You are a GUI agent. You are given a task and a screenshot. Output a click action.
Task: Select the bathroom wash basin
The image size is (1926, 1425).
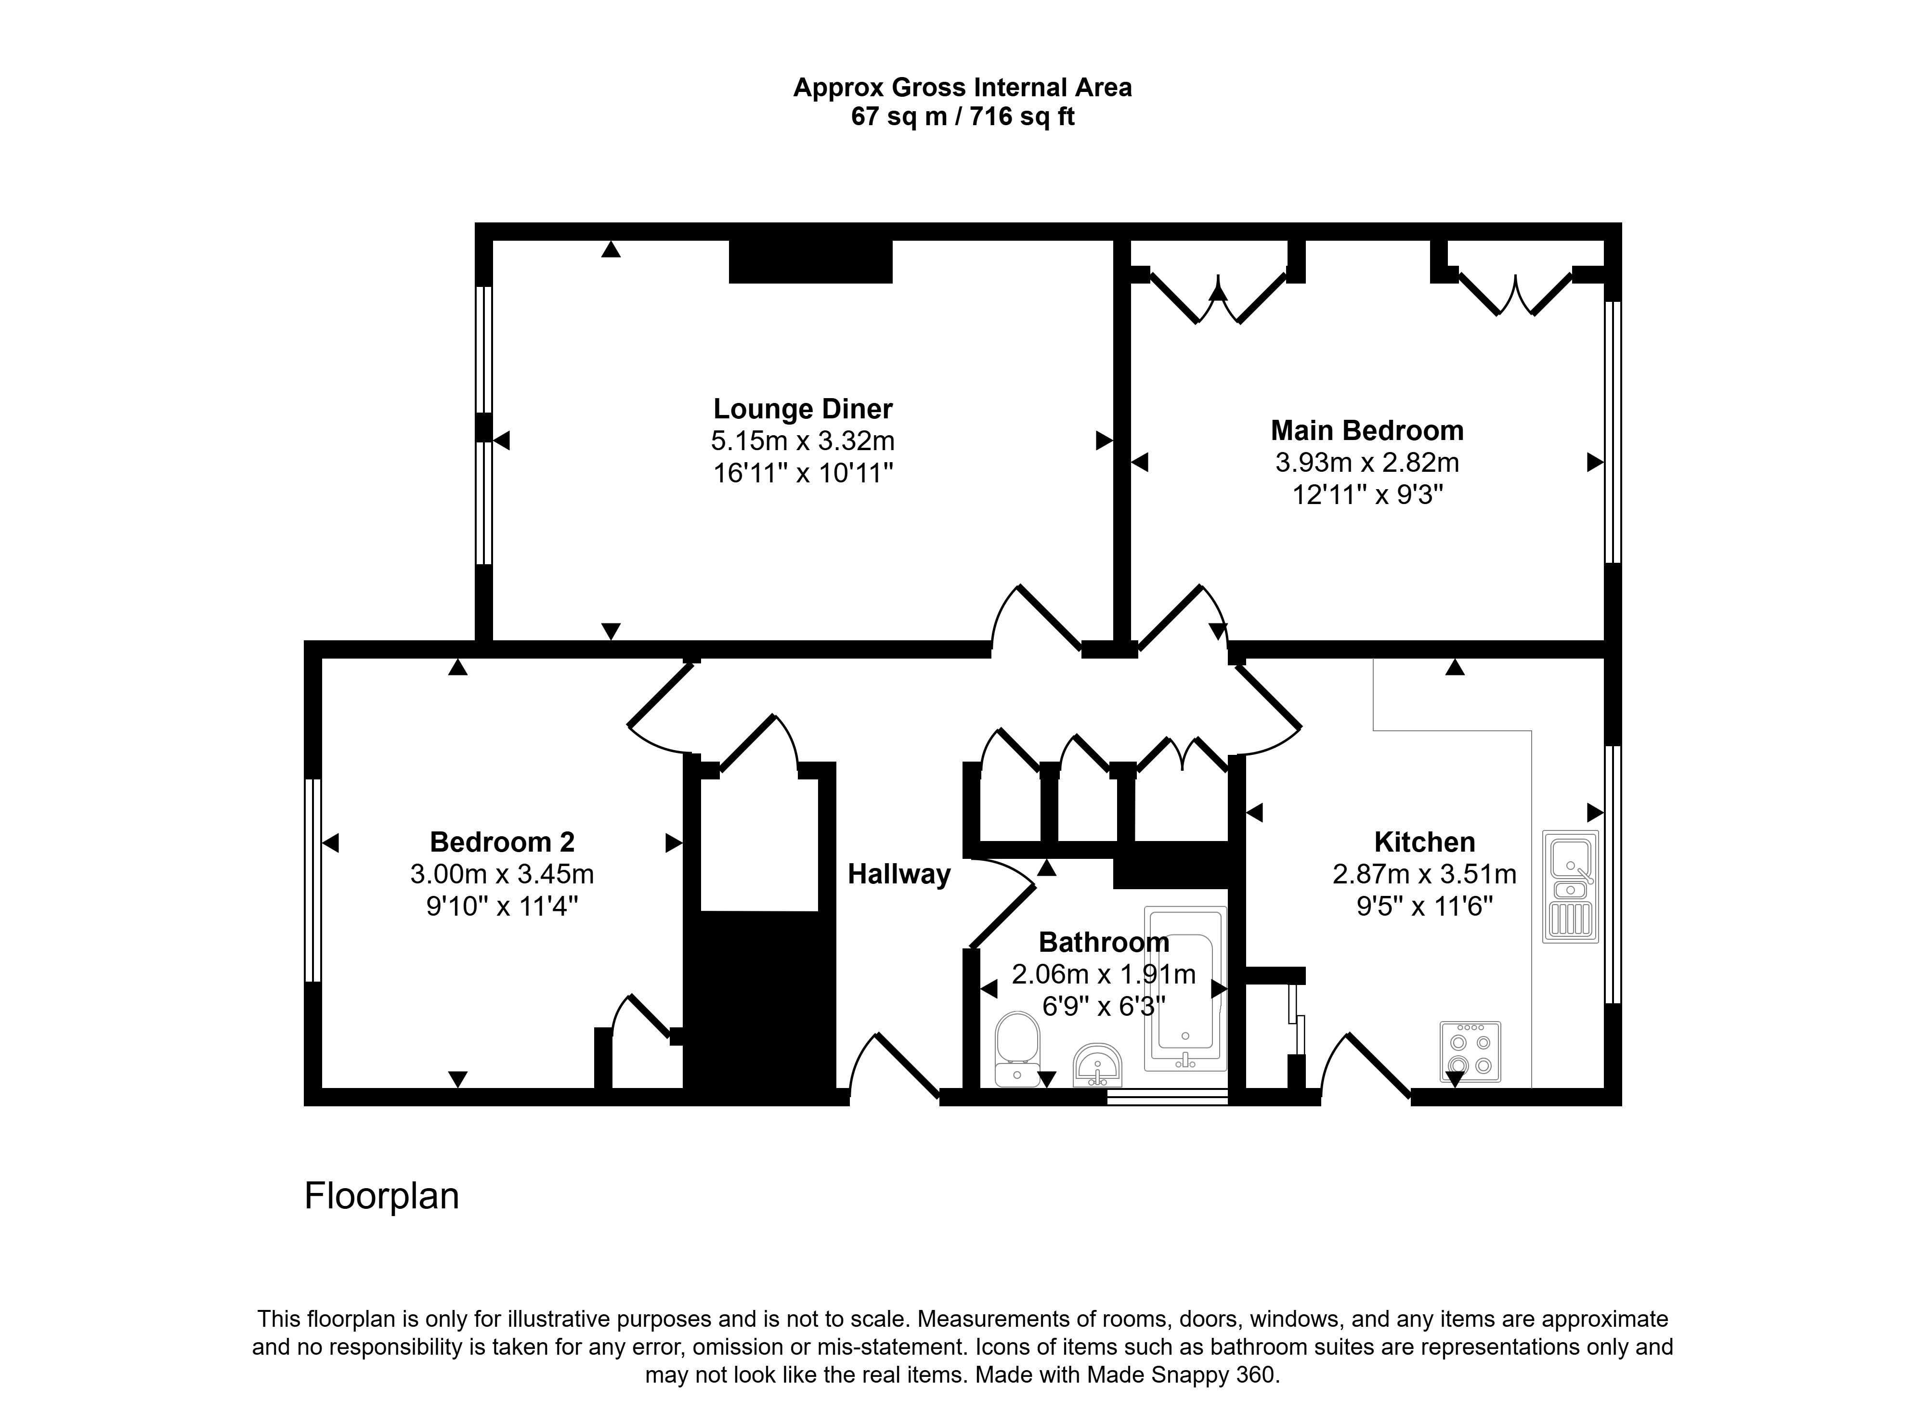coord(1097,1066)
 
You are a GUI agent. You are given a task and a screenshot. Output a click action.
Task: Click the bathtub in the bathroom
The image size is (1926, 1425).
coord(1185,988)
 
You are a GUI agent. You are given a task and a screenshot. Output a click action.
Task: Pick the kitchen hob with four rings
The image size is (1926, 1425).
coord(1470,1051)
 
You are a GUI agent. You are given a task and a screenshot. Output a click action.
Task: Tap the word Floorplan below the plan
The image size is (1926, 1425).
coord(381,1195)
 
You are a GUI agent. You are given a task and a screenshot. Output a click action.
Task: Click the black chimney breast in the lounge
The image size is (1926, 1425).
coord(810,261)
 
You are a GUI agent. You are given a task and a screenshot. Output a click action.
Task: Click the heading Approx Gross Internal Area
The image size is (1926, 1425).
coord(963,87)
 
